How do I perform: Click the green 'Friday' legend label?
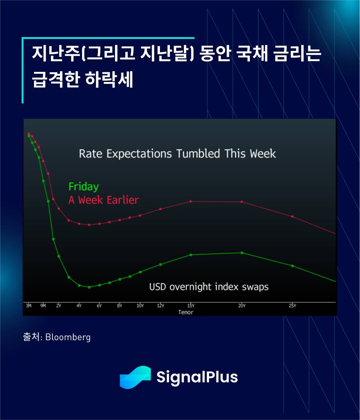tap(84, 187)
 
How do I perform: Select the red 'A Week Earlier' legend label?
tap(103, 200)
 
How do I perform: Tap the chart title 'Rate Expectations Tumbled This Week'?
tap(177, 154)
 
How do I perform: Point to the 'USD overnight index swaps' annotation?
tap(209, 287)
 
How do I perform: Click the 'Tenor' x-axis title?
tap(186, 312)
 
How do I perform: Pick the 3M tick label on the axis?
tap(29, 305)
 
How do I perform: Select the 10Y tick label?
tap(140, 305)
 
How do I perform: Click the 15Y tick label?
tap(191, 305)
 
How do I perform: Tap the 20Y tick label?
tap(242, 305)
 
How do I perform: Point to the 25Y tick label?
tap(293, 305)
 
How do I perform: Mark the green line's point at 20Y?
tap(242, 253)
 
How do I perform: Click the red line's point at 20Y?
tap(242, 202)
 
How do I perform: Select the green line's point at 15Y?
tap(191, 255)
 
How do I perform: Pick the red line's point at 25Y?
tap(293, 216)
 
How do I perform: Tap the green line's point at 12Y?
tap(161, 264)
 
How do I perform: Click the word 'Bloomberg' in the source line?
tap(68, 337)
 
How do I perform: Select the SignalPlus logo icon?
tap(135, 377)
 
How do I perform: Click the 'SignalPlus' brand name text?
tap(197, 377)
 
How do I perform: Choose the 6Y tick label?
tap(99, 305)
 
